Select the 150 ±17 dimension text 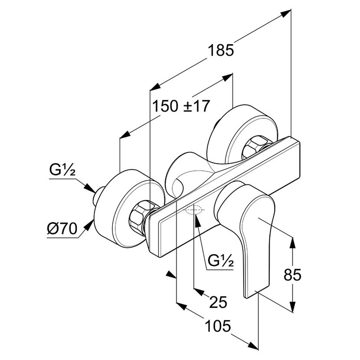181,106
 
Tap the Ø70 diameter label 62,229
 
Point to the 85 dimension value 292,275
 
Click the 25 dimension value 218,302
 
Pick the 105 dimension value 218,326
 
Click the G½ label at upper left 62,170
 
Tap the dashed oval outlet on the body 194,210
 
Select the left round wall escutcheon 130,209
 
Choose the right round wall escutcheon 242,135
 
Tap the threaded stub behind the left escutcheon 98,196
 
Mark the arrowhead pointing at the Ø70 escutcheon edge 89,226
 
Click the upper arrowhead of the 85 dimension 292,243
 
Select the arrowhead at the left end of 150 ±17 125,135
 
